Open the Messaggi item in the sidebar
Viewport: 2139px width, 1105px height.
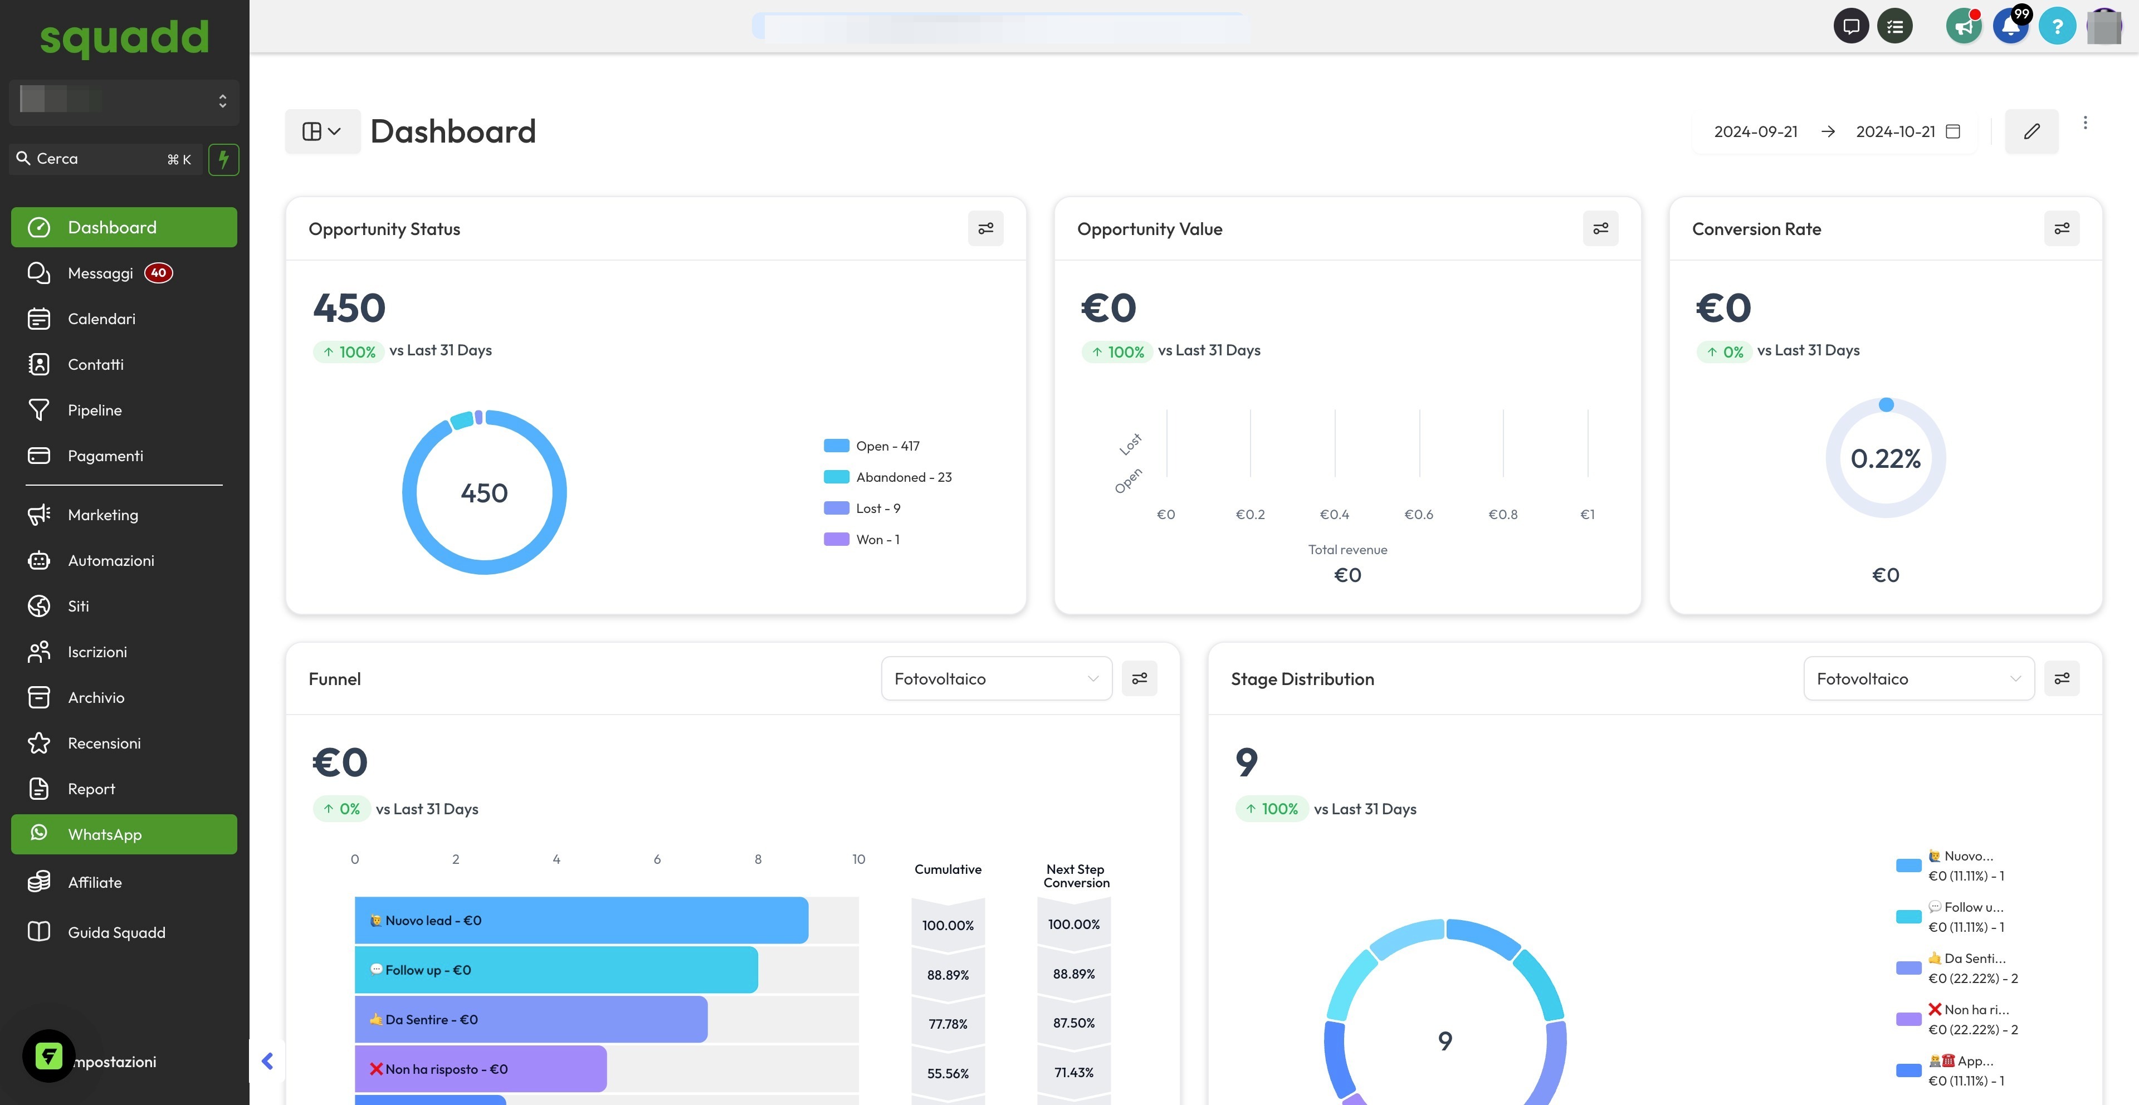100,273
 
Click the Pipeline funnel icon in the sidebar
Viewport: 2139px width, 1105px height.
39,410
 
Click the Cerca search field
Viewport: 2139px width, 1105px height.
100,159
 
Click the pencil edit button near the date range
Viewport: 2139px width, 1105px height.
2031,131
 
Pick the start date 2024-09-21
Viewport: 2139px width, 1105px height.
1755,131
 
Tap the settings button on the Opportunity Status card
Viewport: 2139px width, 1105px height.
985,228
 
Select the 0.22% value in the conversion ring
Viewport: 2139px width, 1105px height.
1885,458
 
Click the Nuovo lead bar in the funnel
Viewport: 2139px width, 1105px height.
581,920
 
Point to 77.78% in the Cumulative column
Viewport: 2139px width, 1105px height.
948,1024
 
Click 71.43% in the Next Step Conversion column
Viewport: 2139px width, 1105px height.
1073,1073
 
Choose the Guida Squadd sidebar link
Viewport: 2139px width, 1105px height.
116,932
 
